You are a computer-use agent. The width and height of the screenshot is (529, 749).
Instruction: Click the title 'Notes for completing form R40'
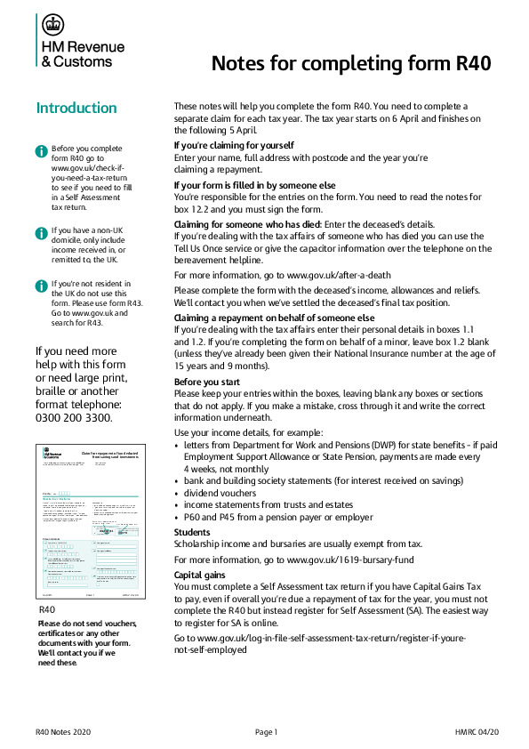click(350, 64)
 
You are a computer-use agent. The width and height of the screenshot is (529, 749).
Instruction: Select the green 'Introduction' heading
click(76, 109)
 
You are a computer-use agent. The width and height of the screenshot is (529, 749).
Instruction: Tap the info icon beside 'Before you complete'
click(41, 150)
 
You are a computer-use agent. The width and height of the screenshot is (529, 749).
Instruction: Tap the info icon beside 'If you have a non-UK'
click(41, 232)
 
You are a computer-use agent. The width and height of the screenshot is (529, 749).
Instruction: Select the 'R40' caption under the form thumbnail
click(48, 610)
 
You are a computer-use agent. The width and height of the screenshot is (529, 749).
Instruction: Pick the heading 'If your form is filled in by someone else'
click(254, 184)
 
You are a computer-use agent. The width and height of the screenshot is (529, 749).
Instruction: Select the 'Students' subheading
click(193, 532)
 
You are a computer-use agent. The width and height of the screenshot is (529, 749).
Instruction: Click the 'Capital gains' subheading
click(202, 574)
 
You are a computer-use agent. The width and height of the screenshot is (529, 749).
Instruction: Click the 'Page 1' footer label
click(267, 731)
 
